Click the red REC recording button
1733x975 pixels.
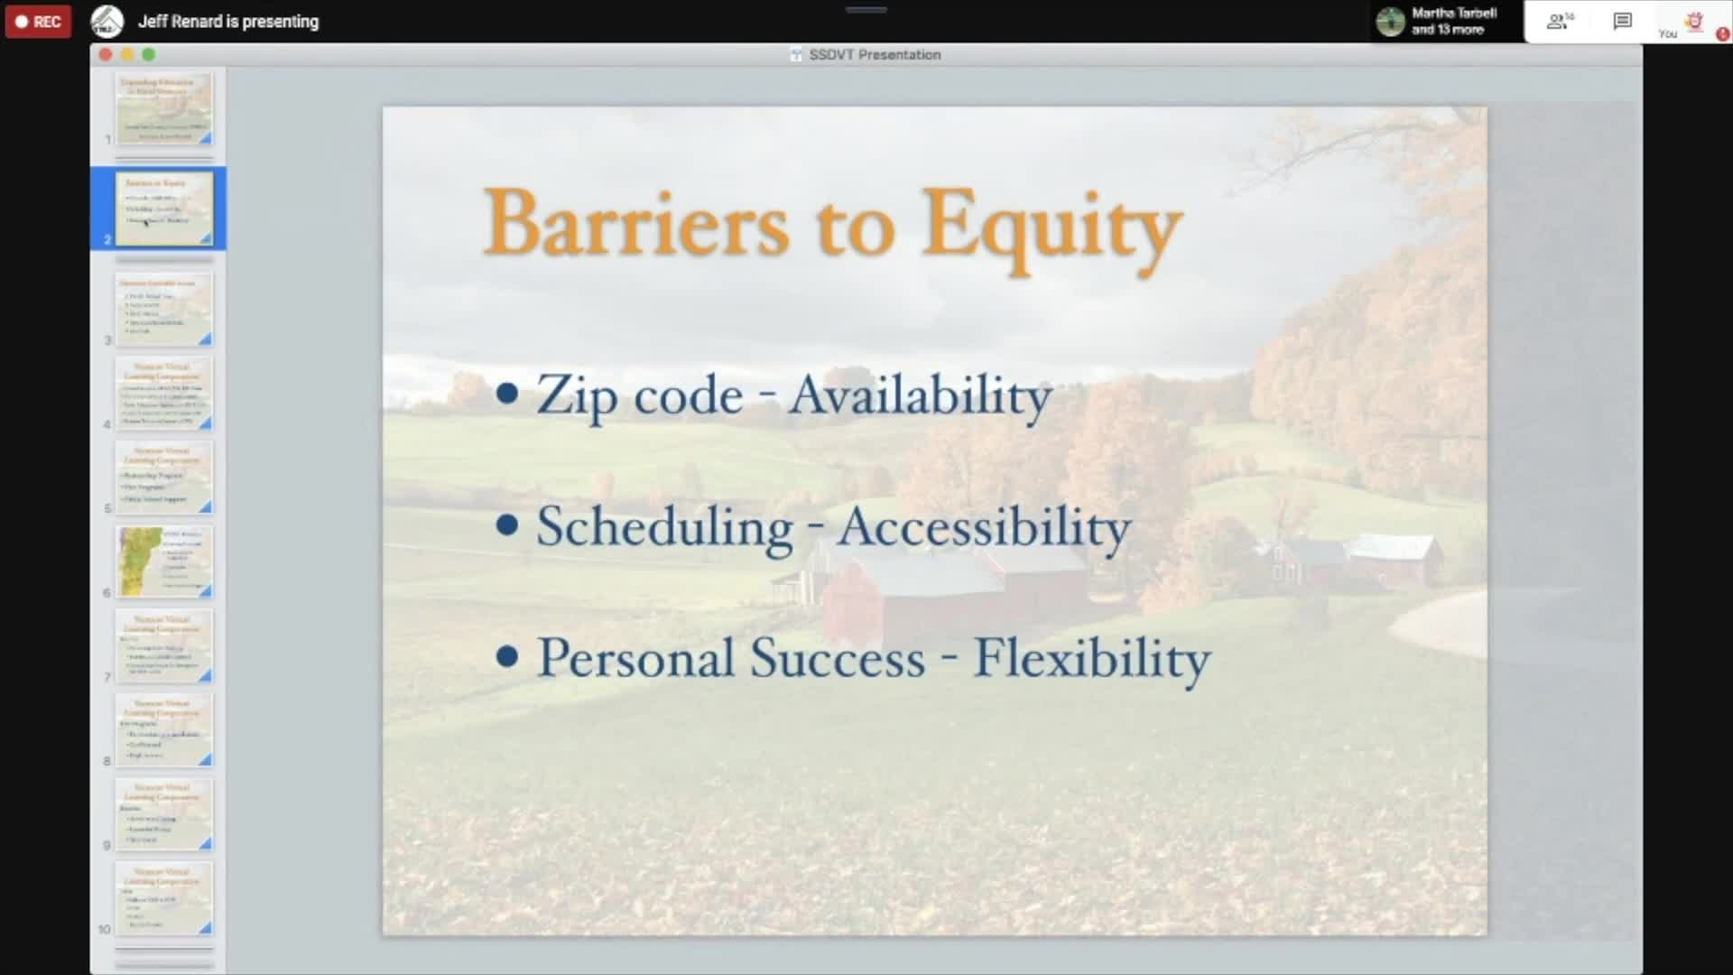point(38,22)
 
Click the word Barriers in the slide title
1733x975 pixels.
point(636,223)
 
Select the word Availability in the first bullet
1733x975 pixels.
point(919,396)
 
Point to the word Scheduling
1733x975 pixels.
point(664,527)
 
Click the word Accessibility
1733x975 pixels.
point(983,527)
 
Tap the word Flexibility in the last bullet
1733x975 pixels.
point(1091,658)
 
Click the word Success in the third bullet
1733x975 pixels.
point(838,658)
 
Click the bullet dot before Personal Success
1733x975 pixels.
point(507,656)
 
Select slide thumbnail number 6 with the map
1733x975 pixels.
point(164,562)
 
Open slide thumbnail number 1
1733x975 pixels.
point(164,108)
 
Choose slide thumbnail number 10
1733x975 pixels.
point(164,898)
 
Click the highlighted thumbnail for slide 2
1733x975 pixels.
point(164,208)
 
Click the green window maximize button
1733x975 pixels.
point(149,54)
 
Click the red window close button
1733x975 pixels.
point(106,54)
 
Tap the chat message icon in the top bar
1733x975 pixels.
point(1622,21)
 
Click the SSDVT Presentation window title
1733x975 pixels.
point(874,55)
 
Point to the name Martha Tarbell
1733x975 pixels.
point(1453,13)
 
